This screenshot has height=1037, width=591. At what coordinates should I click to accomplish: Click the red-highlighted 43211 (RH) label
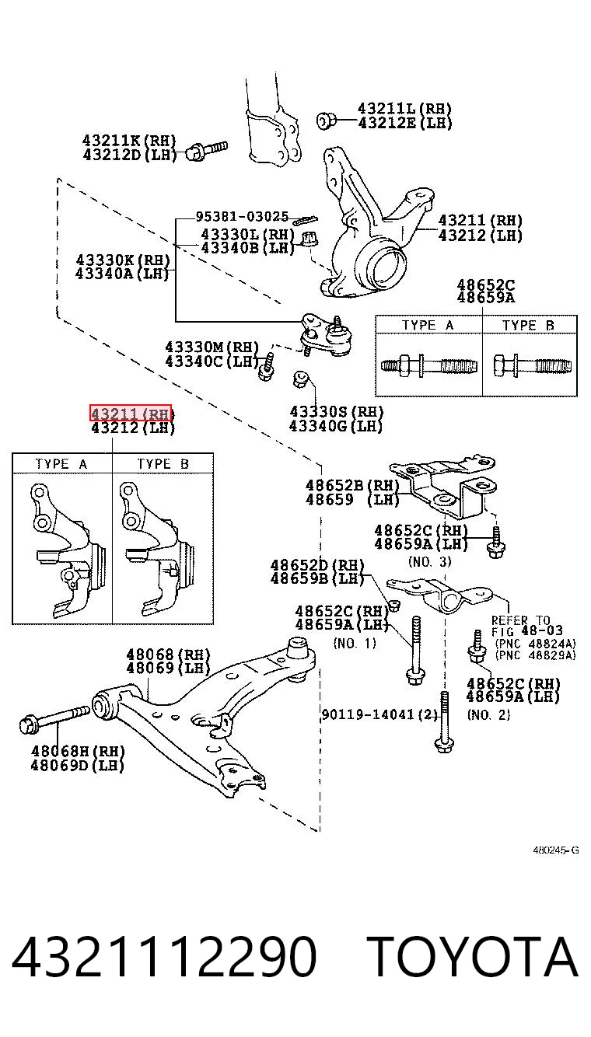coord(131,413)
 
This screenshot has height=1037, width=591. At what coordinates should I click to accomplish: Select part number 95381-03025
coord(242,217)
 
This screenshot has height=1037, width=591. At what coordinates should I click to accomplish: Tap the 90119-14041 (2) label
coord(379,714)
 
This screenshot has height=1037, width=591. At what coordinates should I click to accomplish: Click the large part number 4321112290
coord(164,955)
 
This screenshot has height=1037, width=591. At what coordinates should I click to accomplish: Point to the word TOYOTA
coord(473,955)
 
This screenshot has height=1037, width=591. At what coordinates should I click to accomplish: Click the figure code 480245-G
coord(556,850)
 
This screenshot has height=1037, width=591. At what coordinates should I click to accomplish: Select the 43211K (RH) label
coord(129,140)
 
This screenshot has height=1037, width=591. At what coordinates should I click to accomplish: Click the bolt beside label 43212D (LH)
coord(207,151)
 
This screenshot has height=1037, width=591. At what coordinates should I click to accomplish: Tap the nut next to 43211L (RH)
coord(326,120)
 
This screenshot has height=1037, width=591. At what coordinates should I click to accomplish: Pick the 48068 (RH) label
coord(168,654)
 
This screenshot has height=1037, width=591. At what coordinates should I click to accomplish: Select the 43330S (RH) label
coord(336,411)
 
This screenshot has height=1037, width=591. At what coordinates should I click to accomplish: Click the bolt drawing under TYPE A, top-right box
coord(428,365)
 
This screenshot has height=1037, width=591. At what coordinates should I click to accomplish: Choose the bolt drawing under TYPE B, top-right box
coord(532,365)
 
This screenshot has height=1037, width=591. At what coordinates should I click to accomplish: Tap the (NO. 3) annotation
coord(430,561)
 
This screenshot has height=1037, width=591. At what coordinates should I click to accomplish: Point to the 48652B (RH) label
coord(352,485)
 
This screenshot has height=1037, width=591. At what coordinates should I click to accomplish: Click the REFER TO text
coord(520,620)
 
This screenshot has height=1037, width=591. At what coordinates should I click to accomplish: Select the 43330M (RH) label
coord(212,347)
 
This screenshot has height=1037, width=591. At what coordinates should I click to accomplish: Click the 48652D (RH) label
coord(317,565)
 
